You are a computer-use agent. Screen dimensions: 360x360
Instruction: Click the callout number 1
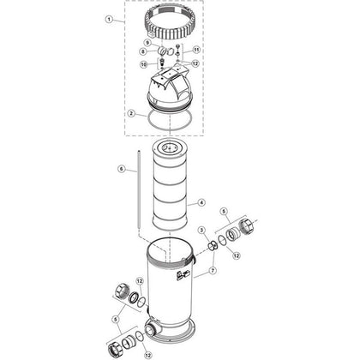[x=109, y=20]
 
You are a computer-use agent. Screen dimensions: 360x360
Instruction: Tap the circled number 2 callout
[x=131, y=114]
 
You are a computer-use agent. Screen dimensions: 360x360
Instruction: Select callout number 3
[x=202, y=230]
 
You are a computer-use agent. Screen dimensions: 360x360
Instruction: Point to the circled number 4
[x=201, y=203]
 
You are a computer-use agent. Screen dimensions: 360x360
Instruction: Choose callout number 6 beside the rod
[x=122, y=169]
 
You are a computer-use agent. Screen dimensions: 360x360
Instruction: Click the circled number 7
[x=213, y=271]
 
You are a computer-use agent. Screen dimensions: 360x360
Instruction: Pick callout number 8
[x=151, y=51]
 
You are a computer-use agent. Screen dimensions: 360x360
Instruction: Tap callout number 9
[x=147, y=43]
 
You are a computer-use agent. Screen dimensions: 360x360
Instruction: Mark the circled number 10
[x=144, y=64]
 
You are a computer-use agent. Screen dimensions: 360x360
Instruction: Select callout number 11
[x=196, y=50]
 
